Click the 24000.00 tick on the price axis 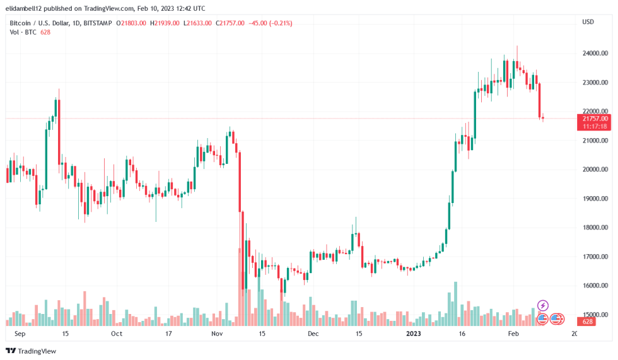click(595, 53)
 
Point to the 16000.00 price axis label click(595, 286)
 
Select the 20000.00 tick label click(595, 170)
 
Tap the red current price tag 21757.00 click(595, 119)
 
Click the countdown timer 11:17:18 click(595, 126)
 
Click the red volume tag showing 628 click(586, 322)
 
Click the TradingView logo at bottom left click(31, 351)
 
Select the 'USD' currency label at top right click(588, 22)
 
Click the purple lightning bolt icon click(542, 306)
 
